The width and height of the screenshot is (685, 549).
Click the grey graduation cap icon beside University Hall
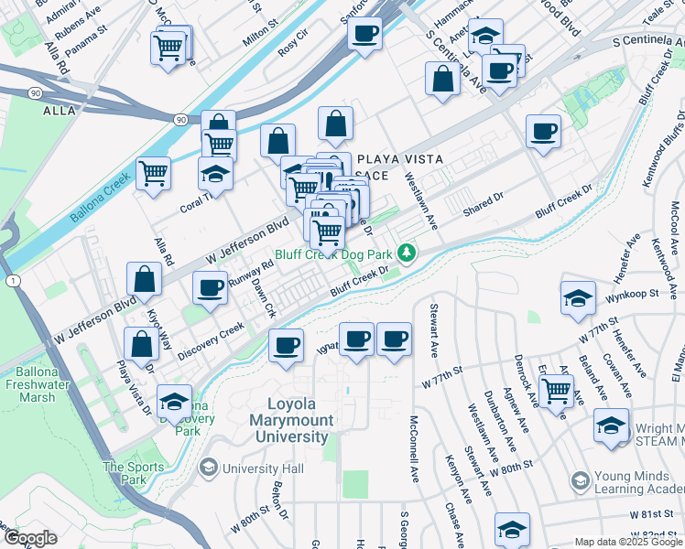(208, 468)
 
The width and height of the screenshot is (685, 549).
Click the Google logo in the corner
(30, 538)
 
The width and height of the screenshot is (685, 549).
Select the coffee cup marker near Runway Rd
(210, 287)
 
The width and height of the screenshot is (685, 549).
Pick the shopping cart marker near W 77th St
(556, 391)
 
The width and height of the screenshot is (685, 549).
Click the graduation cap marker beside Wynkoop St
(578, 298)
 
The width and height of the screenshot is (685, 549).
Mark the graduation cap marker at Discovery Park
(174, 402)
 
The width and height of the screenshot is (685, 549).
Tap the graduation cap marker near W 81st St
(512, 528)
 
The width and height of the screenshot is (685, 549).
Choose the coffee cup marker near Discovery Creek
(286, 345)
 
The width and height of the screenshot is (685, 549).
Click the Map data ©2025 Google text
(628, 542)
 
